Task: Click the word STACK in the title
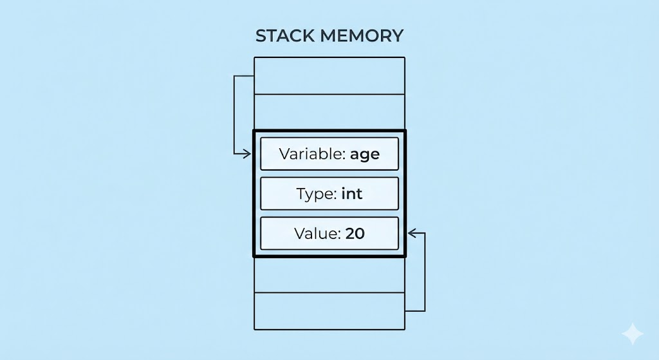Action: (285, 36)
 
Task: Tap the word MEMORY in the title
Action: (362, 36)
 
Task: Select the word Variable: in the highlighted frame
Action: (312, 154)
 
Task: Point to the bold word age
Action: (365, 155)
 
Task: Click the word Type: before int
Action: (317, 194)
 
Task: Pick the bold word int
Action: (352, 193)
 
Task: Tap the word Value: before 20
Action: (318, 233)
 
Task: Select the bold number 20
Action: (355, 233)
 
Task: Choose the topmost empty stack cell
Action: (329, 76)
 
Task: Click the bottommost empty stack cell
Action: (329, 311)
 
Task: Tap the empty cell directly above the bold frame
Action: (329, 112)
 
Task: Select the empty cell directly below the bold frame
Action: (329, 274)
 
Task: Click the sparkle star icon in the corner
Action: (633, 334)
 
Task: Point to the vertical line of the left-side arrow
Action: (234, 115)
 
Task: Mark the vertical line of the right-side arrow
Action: (425, 272)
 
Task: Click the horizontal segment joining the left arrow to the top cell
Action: (244, 76)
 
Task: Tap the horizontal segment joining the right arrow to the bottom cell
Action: (415, 311)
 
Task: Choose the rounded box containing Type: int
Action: (329, 193)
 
